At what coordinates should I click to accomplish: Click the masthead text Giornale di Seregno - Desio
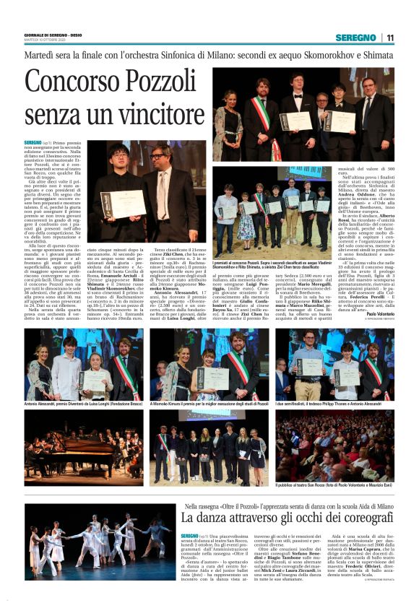[54, 35]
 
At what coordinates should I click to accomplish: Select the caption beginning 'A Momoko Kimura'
[209, 404]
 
